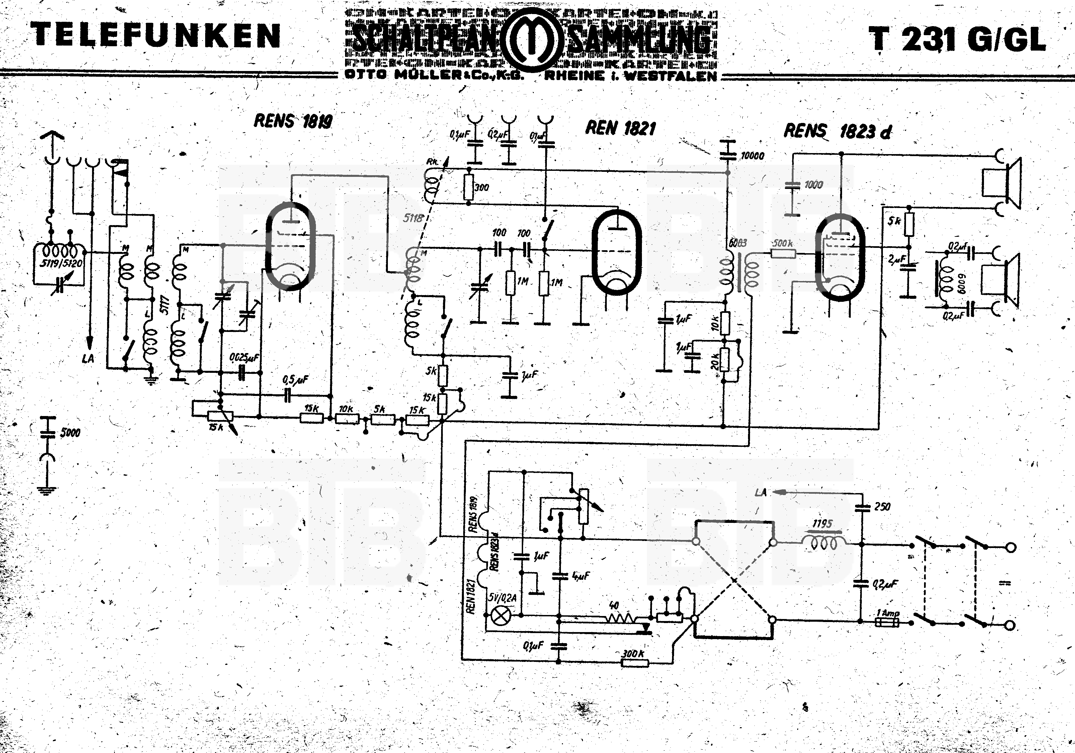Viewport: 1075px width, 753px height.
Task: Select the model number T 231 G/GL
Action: coord(957,40)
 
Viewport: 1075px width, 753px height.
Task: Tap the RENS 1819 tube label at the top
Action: coord(293,121)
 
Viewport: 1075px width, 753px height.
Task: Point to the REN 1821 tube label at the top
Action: coord(621,128)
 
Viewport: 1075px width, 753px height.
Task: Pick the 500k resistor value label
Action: coord(783,244)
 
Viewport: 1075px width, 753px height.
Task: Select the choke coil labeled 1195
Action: coord(823,542)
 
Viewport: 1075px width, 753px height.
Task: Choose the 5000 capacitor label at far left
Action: coord(70,432)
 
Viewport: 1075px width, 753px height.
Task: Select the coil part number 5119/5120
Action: coord(61,263)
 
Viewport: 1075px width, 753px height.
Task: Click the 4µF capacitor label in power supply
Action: coord(581,575)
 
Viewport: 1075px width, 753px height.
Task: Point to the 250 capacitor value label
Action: coord(882,506)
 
